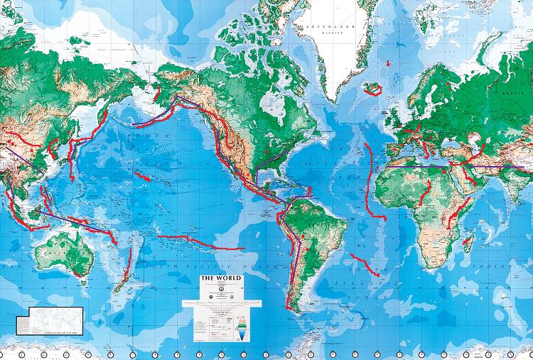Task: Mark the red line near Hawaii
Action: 142,175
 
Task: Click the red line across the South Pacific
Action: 199,242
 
